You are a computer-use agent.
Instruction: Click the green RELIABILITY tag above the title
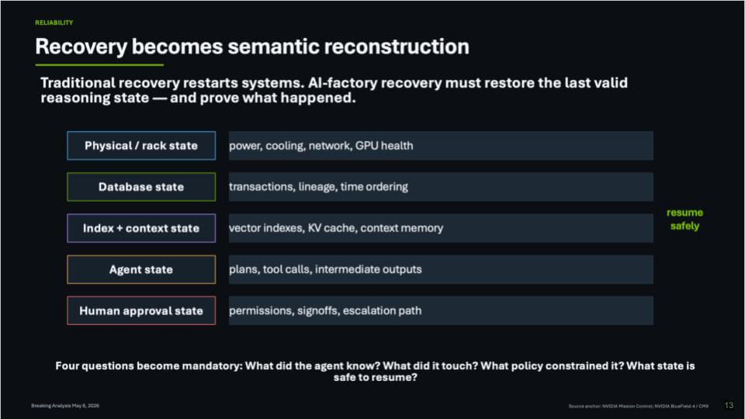pyautogui.click(x=54, y=23)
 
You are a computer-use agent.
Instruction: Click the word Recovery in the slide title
pyautogui.click(x=81, y=47)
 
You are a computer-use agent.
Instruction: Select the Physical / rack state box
pyautogui.click(x=141, y=145)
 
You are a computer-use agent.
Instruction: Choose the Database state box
pyautogui.click(x=141, y=187)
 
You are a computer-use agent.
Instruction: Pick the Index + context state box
pyautogui.click(x=141, y=228)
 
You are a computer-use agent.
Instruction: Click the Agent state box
pyautogui.click(x=141, y=269)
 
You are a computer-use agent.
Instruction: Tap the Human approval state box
pyautogui.click(x=141, y=310)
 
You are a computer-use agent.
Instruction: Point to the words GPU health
pyautogui.click(x=384, y=145)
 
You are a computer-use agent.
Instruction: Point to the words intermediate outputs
pyautogui.click(x=368, y=269)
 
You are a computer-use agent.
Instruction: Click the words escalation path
pyautogui.click(x=382, y=310)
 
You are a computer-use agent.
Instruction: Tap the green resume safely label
pyautogui.click(x=684, y=219)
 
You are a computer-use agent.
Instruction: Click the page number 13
pyautogui.click(x=729, y=405)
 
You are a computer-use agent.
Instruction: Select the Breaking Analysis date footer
pyautogui.click(x=65, y=406)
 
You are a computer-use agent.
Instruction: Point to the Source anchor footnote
pyautogui.click(x=639, y=406)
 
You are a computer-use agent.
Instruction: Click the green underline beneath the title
pyautogui.click(x=99, y=64)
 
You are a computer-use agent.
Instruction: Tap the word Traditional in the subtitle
pyautogui.click(x=78, y=83)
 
